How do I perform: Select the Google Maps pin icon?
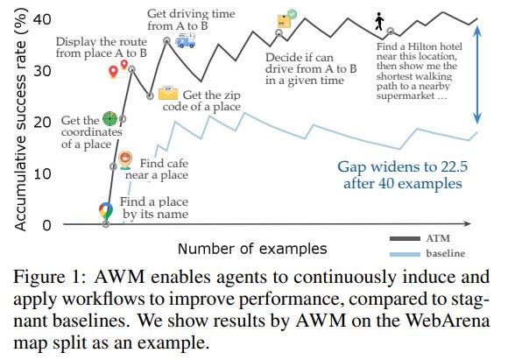106,211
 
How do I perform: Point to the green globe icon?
110,117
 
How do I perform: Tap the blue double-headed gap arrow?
477,74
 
